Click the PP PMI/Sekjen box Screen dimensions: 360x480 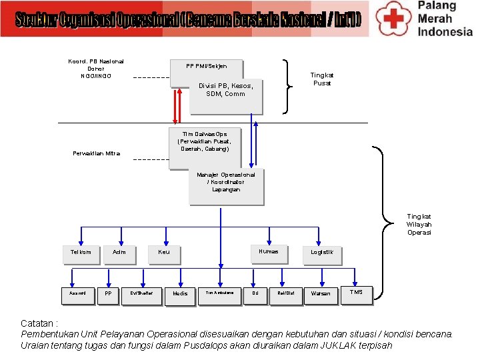pyautogui.click(x=206, y=67)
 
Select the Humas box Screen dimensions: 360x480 pyautogui.click(x=269, y=253)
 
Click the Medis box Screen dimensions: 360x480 pyautogui.click(x=180, y=294)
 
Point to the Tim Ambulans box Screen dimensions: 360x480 pyautogui.click(x=219, y=294)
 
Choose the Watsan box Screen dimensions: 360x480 pyautogui.click(x=321, y=294)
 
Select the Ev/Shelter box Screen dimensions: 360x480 pyautogui.click(x=141, y=294)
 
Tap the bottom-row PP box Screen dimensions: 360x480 pyautogui.click(x=108, y=294)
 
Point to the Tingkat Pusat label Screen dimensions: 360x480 pyautogui.click(x=322, y=79)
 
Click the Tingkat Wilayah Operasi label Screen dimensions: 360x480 pyautogui.click(x=419, y=224)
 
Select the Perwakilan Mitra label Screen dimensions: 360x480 pyautogui.click(x=97, y=154)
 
